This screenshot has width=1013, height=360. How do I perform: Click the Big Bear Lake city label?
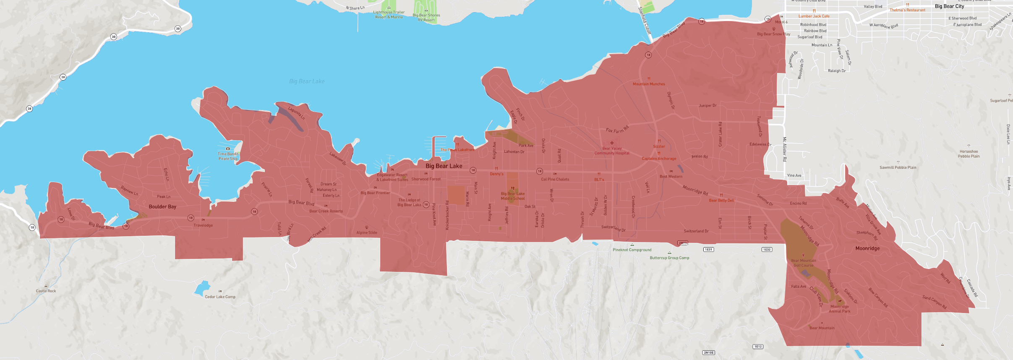[444, 166]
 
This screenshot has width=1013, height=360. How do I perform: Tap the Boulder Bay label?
[162, 207]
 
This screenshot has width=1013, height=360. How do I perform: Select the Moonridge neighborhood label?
[867, 248]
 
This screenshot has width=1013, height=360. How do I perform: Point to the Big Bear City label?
[949, 6]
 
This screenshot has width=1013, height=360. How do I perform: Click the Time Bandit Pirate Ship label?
[228, 156]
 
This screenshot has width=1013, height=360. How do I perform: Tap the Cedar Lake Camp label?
[220, 297]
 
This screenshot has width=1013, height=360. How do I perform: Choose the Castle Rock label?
[46, 291]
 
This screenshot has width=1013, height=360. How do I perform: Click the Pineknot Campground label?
[632, 250]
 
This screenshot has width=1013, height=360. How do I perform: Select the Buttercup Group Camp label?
[669, 258]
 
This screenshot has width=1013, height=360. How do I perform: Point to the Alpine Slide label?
[367, 232]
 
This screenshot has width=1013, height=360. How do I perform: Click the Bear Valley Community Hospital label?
[612, 151]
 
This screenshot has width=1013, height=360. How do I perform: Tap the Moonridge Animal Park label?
[839, 309]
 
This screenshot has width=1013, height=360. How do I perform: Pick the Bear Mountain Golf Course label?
[803, 263]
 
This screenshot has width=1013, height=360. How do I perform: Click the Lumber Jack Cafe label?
[814, 16]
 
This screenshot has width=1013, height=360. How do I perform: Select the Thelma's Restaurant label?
[907, 10]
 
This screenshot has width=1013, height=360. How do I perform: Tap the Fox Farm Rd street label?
[617, 130]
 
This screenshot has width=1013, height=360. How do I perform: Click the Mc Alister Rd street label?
[784, 149]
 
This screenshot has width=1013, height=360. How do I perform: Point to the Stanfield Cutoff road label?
[645, 21]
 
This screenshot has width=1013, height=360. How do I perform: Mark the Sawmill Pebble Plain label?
[898, 167]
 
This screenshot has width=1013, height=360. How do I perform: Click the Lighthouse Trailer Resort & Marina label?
[389, 15]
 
